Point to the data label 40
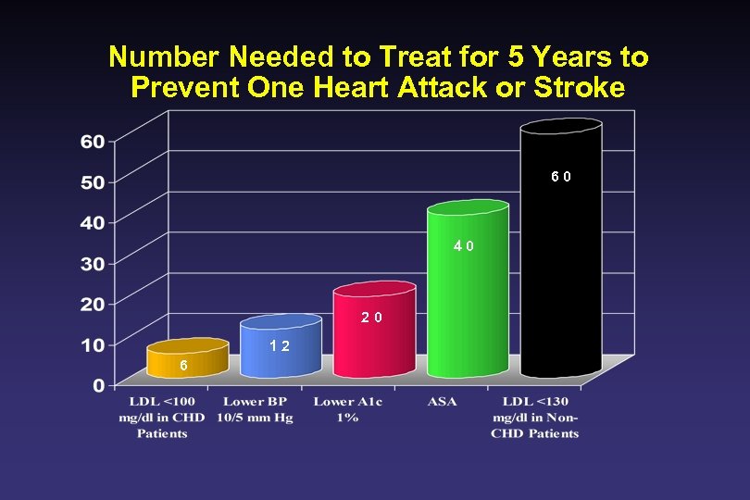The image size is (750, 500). point(464,246)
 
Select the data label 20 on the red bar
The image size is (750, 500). point(372,318)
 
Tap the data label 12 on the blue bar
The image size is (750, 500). point(279,346)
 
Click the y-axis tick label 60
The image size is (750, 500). point(93,142)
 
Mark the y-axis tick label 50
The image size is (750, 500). point(93,182)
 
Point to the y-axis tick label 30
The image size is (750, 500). point(93,264)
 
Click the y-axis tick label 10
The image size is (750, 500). point(93,344)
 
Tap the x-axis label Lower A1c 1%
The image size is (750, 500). point(347,410)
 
